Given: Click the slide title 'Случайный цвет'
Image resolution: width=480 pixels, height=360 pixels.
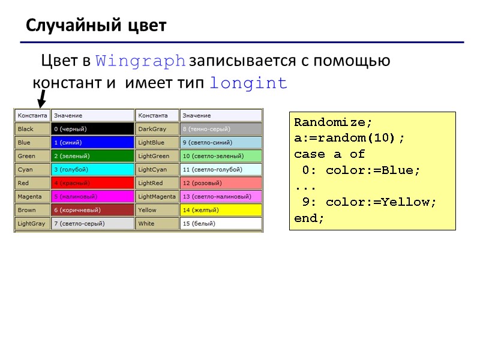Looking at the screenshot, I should [x=96, y=26].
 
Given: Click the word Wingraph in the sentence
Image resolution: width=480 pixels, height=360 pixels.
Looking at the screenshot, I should [x=141, y=61].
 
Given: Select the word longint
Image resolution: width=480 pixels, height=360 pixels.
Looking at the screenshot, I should [x=249, y=83].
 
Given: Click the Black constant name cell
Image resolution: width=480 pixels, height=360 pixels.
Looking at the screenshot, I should [x=32, y=129].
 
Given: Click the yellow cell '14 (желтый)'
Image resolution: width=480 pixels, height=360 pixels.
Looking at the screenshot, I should [x=221, y=210].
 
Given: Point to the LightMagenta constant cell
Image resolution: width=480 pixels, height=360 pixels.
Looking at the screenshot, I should [x=157, y=196].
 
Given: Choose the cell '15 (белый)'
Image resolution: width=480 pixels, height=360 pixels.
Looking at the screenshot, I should [x=221, y=224].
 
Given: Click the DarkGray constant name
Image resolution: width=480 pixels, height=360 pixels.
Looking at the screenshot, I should [x=157, y=129].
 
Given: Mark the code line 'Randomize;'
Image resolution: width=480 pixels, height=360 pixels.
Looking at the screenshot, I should [x=329, y=122].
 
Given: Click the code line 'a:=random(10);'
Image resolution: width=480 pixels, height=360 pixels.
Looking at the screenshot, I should [x=349, y=138].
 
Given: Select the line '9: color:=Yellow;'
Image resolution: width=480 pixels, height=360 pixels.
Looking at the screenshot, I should [x=370, y=202].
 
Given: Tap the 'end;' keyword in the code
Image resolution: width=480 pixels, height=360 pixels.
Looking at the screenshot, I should [x=309, y=218].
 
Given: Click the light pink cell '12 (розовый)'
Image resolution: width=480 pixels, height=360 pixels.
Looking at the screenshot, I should [x=221, y=183].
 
